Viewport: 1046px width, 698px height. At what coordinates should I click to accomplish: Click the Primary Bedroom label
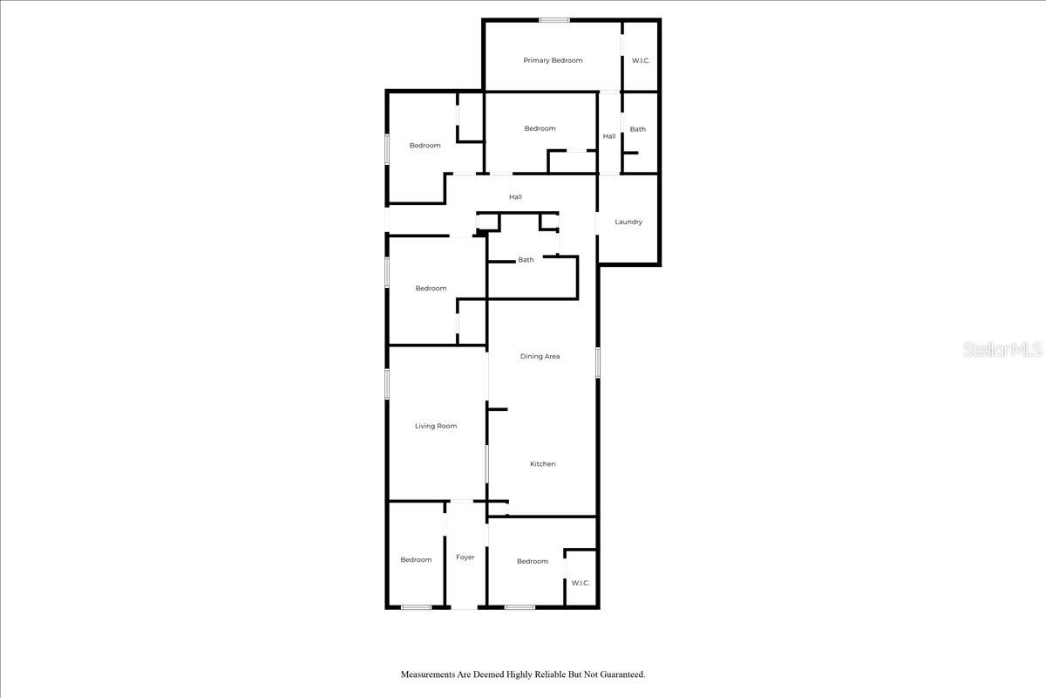click(x=553, y=60)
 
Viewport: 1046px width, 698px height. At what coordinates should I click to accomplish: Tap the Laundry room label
click(x=628, y=222)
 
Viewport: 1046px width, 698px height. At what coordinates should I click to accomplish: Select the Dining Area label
click(x=540, y=356)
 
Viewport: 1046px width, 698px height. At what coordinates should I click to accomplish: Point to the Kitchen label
click(x=542, y=464)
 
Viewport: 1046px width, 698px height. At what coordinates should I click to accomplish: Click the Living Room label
click(x=436, y=426)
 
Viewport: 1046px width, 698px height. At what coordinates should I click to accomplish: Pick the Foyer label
click(x=465, y=557)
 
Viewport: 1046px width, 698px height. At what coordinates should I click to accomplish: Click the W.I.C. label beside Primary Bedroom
click(x=641, y=60)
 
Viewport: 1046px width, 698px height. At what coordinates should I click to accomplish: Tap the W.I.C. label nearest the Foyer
click(x=581, y=583)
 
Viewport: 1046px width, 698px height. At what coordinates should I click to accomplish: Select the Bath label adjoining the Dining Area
click(x=526, y=260)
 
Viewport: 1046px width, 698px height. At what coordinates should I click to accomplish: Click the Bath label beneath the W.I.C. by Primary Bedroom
click(x=638, y=129)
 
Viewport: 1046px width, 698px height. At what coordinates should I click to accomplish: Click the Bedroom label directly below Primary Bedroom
click(x=540, y=128)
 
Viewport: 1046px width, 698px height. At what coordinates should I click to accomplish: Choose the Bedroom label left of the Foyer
click(x=416, y=559)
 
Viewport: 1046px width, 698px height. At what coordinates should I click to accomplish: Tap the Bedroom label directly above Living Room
click(x=431, y=288)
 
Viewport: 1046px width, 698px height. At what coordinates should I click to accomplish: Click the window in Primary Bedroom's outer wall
click(x=554, y=20)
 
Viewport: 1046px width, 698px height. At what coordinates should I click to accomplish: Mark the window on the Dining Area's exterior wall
click(x=598, y=362)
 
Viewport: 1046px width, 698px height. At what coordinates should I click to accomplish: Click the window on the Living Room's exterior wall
click(x=388, y=384)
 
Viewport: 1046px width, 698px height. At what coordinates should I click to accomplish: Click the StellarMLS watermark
click(x=1002, y=350)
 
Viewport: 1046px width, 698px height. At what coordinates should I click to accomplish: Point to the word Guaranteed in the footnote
click(x=615, y=674)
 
